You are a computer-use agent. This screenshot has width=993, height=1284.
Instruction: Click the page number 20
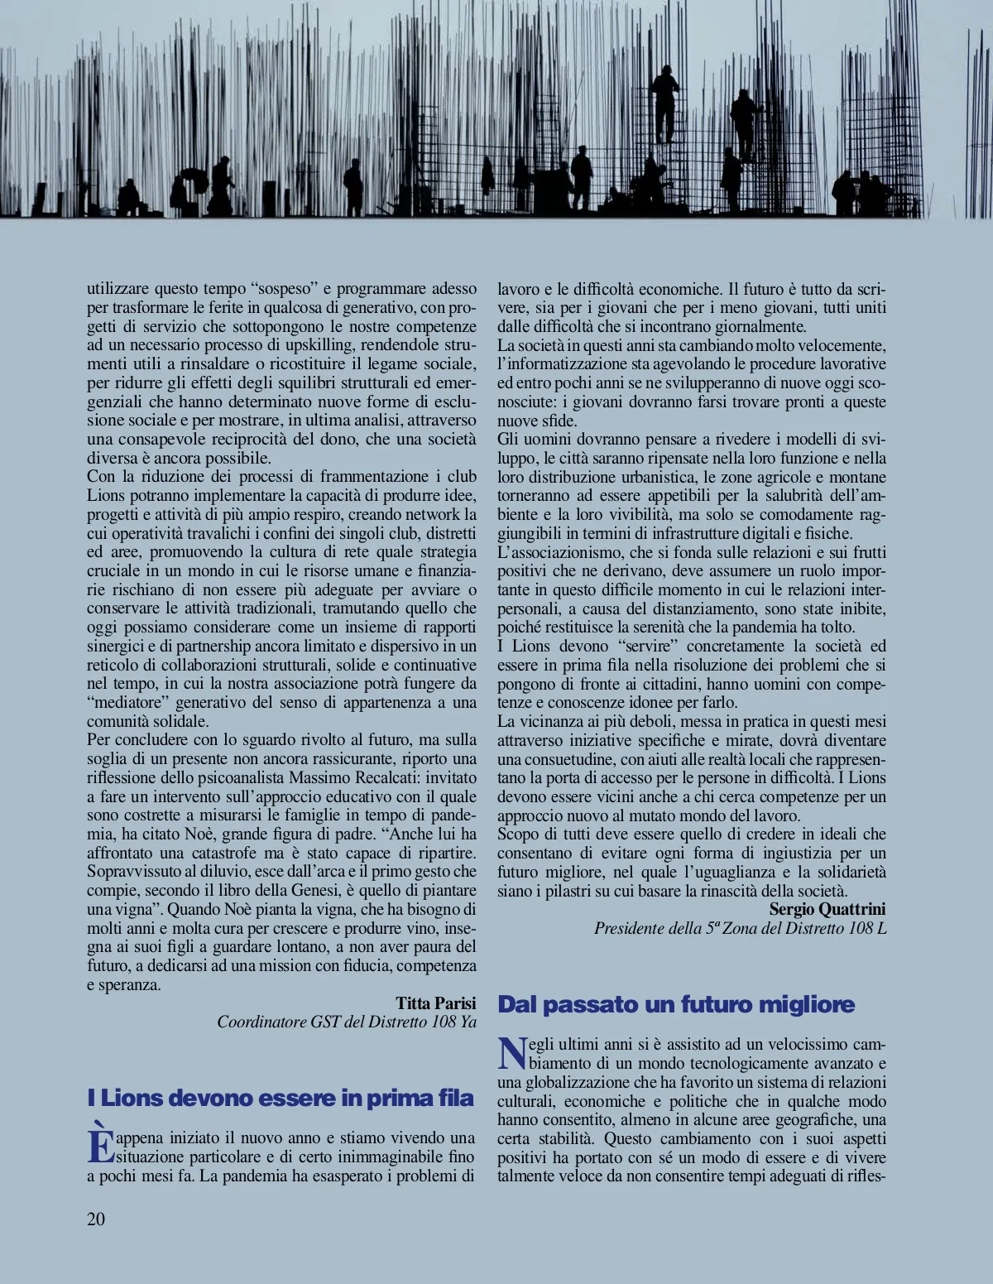96,1218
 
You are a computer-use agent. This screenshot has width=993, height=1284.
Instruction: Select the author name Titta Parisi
435,1003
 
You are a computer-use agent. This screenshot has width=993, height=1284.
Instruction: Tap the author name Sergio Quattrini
827,909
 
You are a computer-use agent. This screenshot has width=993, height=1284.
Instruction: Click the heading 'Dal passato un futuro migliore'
675,1005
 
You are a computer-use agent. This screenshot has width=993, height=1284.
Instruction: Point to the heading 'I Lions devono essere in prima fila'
281,1099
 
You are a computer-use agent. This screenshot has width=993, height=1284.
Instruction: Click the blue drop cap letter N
511,1054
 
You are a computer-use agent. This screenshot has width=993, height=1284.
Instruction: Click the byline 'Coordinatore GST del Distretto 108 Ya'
347,1022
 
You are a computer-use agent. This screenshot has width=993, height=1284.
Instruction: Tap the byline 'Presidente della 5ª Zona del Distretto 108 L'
740,928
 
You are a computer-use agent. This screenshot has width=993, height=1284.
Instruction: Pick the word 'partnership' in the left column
208,647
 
